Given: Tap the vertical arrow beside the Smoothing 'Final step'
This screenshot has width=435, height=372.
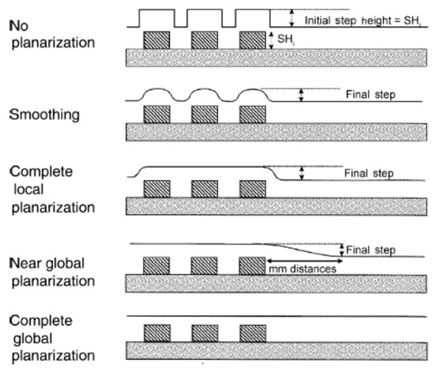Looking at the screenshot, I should click(301, 95).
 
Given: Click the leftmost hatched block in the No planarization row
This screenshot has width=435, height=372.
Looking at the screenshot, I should click(154, 39).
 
